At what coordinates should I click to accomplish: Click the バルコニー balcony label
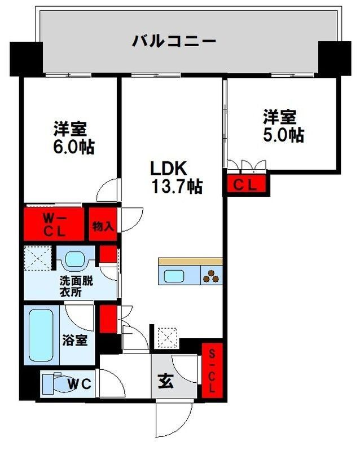[x=174, y=41]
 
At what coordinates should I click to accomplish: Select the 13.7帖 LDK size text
[x=176, y=186]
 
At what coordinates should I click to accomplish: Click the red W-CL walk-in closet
[x=55, y=224]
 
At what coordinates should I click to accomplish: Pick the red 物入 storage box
[x=103, y=226]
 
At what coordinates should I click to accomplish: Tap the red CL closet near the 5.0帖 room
[x=247, y=184]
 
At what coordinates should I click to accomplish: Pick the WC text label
[x=81, y=384]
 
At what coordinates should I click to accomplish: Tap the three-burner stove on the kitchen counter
[x=212, y=275]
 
